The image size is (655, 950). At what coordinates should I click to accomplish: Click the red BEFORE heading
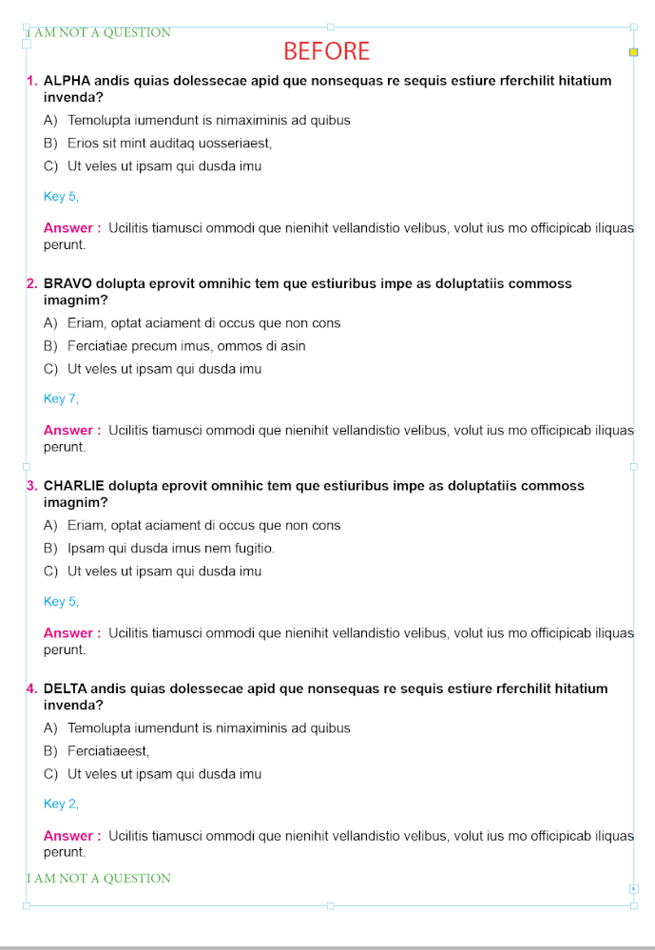[326, 51]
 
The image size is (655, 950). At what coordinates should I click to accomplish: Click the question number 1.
[31, 81]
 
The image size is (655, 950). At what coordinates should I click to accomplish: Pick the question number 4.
[31, 688]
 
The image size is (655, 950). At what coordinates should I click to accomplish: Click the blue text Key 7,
[61, 398]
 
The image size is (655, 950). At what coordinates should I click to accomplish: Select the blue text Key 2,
[61, 804]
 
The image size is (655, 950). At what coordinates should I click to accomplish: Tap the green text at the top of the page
[100, 32]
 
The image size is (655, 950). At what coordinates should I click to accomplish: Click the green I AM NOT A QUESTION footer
[100, 878]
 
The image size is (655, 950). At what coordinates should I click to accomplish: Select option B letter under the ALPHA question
[50, 144]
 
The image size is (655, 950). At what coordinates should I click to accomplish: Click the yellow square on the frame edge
[634, 51]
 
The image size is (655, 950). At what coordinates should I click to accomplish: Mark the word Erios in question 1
[83, 144]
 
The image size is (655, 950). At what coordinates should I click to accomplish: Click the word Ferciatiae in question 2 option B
[97, 346]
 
